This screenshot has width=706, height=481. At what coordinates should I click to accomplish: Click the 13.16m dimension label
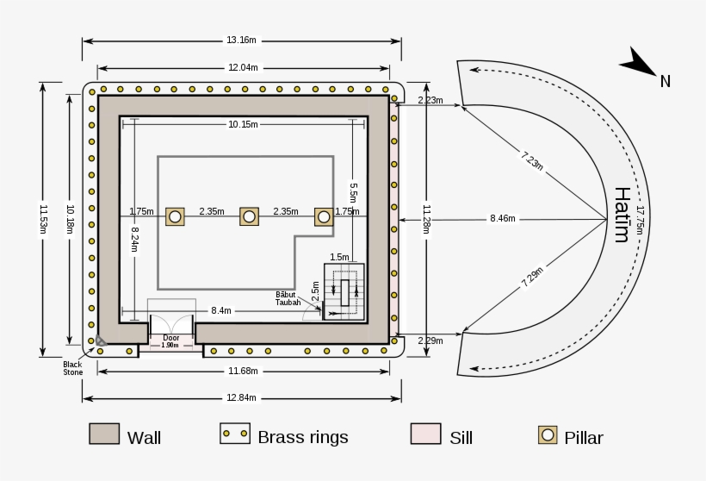coord(242,41)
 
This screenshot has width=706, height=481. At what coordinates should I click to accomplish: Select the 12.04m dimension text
coord(242,68)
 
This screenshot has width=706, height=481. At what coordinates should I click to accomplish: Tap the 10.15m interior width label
coord(243,124)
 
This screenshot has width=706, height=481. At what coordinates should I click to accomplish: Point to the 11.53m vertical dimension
coord(43,220)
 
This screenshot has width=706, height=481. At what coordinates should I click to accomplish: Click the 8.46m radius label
coord(503,219)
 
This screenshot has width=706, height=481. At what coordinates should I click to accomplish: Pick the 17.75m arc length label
coord(641,221)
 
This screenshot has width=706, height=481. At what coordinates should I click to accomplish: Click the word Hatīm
coord(621,215)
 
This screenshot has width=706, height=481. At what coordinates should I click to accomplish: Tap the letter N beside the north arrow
coord(665,82)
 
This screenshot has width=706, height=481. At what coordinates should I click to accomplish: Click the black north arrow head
coord(639,62)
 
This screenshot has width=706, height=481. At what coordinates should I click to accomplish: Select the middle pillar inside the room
coord(249,216)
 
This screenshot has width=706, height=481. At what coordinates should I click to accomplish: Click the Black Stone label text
coord(73,368)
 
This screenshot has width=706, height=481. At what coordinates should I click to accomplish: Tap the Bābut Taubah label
coord(288,298)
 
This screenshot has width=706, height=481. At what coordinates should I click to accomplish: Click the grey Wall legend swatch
coord(104,434)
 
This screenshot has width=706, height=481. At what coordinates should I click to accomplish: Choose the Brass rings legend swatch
coord(234,434)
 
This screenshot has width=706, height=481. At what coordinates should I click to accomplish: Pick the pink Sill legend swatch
coord(425,434)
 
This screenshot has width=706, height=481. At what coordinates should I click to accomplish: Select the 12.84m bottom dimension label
coord(242,398)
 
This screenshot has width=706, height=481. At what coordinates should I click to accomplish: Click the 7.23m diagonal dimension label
coord(533,161)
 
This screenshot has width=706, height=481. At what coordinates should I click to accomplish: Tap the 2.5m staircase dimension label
coord(315,290)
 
